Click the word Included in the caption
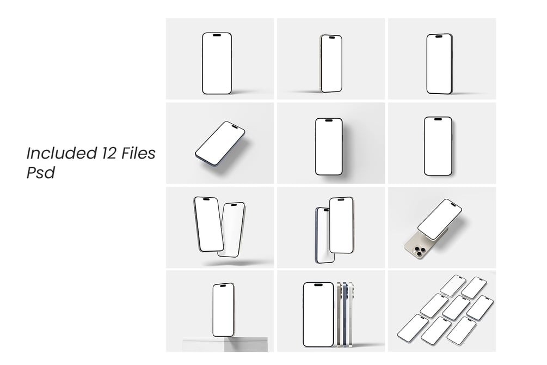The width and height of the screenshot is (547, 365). tap(62, 153)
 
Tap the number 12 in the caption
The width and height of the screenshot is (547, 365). tap(109, 153)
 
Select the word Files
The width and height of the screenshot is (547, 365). tap(138, 153)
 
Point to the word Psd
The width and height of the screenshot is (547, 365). tap(40, 173)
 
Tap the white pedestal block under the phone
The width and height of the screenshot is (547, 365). tap(225, 344)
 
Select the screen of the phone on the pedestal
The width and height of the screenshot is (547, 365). tap(223, 310)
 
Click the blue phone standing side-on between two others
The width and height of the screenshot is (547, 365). tap(345, 314)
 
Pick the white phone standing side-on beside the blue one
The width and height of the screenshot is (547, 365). tap(352, 314)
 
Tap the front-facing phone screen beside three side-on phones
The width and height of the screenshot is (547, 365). tap(318, 315)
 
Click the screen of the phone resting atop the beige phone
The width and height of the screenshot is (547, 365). tap(440, 219)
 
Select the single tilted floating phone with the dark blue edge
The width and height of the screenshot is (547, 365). tap(220, 143)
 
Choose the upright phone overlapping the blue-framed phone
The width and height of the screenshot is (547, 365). tap(341, 225)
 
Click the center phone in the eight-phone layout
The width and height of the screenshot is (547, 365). tap(456, 308)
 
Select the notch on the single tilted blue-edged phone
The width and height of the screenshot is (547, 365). tap(235, 127)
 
